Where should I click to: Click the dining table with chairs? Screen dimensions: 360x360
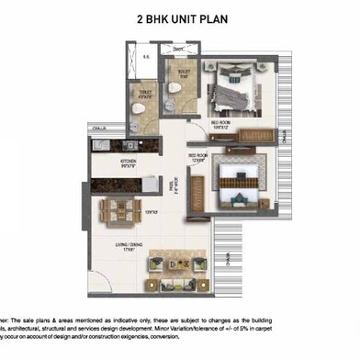click(125, 208)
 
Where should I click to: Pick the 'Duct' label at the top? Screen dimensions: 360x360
click(179, 50)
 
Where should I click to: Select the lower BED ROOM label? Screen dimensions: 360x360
click(199, 156)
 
